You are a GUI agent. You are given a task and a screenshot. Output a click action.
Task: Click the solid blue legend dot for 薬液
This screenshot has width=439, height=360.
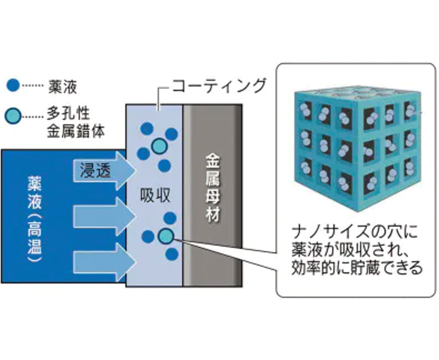point(14,85)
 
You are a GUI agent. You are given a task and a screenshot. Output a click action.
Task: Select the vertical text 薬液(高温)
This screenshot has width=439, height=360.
point(34,219)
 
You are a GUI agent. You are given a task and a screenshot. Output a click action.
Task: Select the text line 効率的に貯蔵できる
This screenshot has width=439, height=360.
point(356,267)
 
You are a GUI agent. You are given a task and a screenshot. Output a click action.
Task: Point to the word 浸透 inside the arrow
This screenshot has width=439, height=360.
point(95,170)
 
